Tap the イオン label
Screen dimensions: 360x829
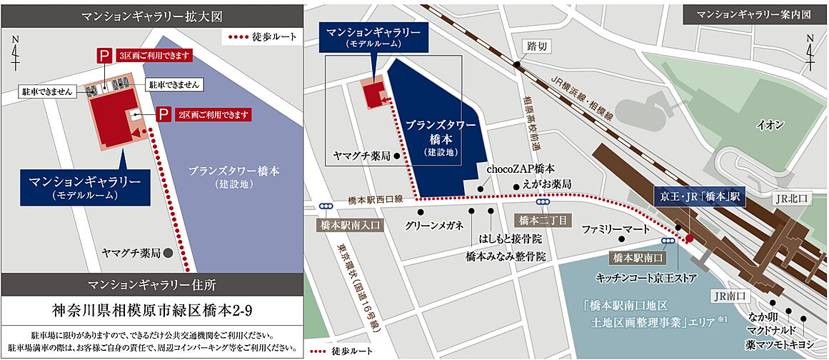point(770,125)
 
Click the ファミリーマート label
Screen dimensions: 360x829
point(616,231)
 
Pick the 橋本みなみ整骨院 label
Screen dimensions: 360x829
point(506,255)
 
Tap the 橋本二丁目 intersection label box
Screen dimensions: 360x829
point(540,220)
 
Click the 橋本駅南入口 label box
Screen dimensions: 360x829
point(349,224)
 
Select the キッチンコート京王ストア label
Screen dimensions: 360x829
point(640,274)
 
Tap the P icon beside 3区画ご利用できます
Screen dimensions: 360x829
point(104,56)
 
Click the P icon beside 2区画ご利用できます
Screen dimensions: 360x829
point(163,114)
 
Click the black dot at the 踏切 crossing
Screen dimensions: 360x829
point(516,64)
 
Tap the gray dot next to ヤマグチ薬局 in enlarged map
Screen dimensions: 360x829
point(166,253)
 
